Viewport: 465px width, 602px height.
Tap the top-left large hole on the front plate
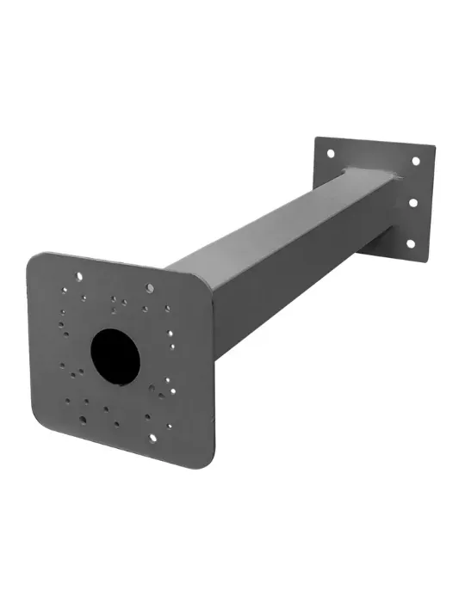[x=78, y=277]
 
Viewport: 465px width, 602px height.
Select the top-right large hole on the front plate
[x=150, y=288]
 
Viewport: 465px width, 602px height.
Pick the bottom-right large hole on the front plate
[x=153, y=437]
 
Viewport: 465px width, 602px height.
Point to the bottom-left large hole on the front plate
[x=83, y=420]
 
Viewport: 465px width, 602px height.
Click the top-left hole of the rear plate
[x=329, y=153]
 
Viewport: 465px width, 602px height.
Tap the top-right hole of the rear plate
[x=416, y=161]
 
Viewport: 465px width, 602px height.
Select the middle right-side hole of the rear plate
[x=412, y=204]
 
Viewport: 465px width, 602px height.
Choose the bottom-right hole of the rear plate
[x=409, y=244]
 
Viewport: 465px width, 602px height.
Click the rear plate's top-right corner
[x=432, y=148]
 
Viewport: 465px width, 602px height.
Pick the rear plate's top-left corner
[x=318, y=138]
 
